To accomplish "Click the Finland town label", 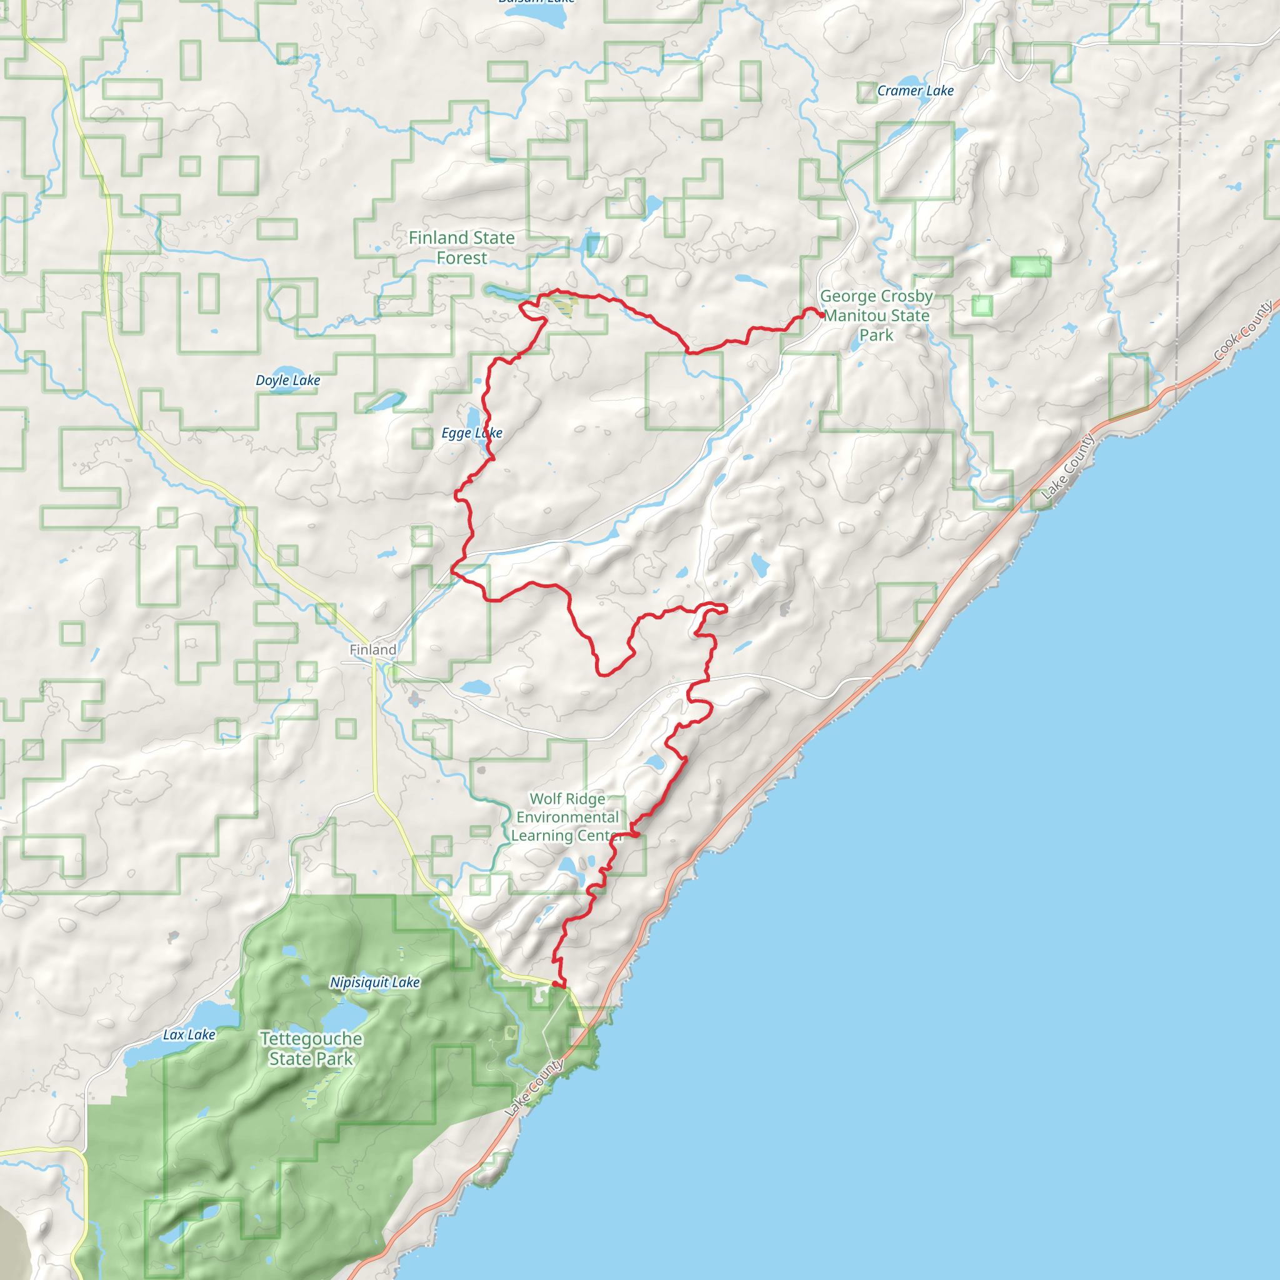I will [x=373, y=650].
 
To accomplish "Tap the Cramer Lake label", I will [x=915, y=91].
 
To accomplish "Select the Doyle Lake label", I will [x=287, y=380].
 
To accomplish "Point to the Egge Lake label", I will [x=472, y=433].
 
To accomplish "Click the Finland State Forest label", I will [x=461, y=247].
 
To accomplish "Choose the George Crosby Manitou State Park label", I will [x=876, y=316].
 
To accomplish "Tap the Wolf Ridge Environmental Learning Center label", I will [x=567, y=817].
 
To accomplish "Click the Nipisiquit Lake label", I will [x=375, y=982].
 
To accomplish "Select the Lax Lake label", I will [x=189, y=1034].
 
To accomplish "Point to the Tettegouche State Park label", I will [x=311, y=1048].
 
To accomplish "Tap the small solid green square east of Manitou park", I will [x=982, y=306].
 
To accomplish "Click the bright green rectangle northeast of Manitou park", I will [x=1030, y=267].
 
